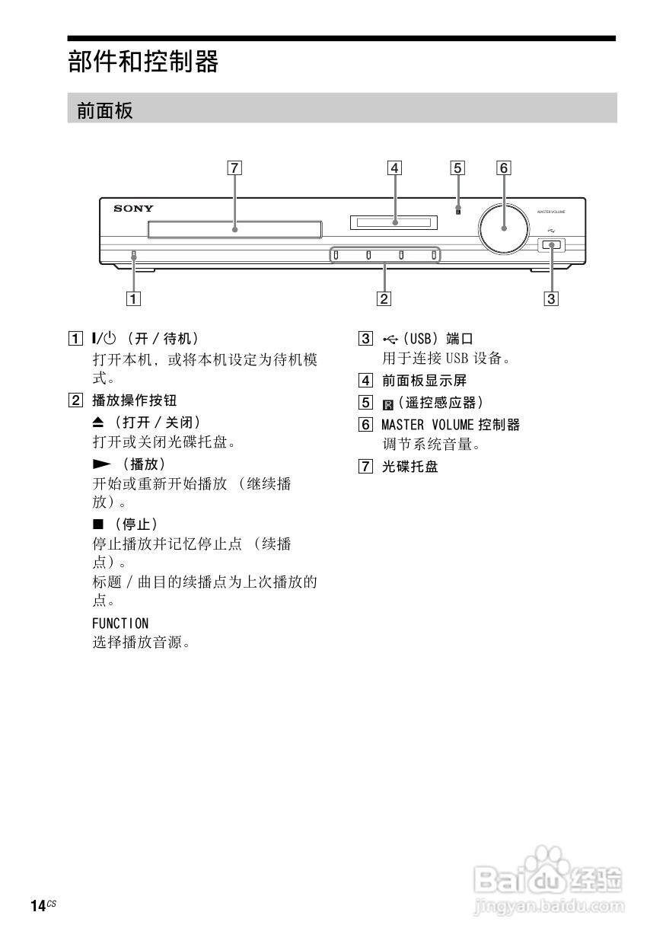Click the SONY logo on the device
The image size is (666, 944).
point(134,208)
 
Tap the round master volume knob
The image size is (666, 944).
point(504,227)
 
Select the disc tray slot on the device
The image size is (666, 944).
point(234,228)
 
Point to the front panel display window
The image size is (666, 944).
point(394,223)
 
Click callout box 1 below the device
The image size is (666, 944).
point(133,298)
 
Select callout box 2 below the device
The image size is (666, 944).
point(384,298)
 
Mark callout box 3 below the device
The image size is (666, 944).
point(551,298)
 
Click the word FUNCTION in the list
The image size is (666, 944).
point(120,623)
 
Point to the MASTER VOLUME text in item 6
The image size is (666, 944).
point(427,425)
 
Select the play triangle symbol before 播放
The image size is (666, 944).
point(101,464)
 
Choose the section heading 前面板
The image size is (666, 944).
point(105,111)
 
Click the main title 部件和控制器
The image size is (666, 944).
point(143,62)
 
